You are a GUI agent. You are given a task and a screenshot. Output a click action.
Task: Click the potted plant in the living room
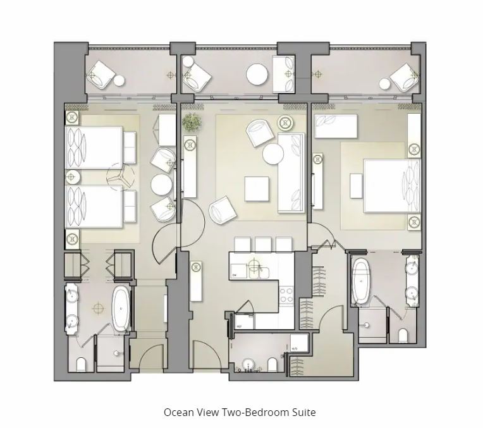click(x=192, y=122)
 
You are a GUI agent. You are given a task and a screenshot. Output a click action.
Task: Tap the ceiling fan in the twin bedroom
click(x=120, y=177)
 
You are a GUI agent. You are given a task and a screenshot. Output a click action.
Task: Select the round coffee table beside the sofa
click(x=273, y=154)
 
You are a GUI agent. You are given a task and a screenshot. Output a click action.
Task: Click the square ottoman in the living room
click(x=257, y=188)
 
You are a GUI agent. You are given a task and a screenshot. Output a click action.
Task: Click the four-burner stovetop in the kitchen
click(x=286, y=295)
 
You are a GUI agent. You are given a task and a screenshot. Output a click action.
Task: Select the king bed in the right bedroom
click(x=392, y=186)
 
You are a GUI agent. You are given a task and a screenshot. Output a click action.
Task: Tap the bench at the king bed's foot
click(x=356, y=186)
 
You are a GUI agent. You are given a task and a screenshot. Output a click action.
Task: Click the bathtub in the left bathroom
click(x=121, y=308)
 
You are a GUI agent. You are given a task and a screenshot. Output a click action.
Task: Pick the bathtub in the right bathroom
click(x=361, y=281)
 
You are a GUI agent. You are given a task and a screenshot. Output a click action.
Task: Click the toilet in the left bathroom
click(x=82, y=365)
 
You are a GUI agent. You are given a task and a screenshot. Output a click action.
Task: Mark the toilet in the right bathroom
click(x=403, y=336)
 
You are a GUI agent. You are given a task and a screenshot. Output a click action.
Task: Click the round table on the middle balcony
click(x=257, y=74)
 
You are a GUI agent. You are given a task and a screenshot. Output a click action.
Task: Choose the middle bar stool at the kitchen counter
click(x=263, y=245)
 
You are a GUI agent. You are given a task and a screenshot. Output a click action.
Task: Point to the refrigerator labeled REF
click(x=245, y=321)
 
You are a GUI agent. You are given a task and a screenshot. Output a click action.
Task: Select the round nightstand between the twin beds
click(x=73, y=177)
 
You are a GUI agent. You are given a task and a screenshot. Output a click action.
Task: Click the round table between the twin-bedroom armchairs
click(x=161, y=185)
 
